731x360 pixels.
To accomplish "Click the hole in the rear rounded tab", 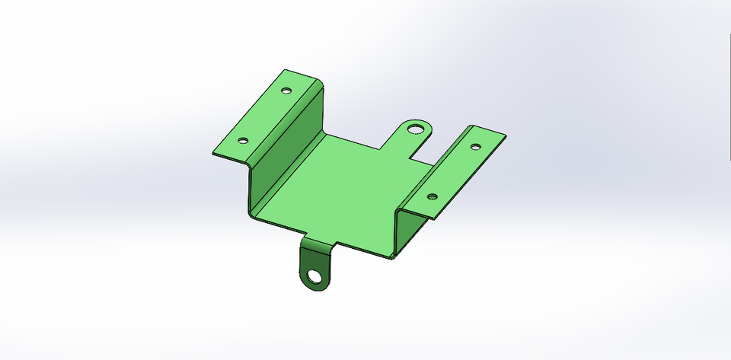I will [x=415, y=128].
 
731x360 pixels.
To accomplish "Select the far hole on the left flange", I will [x=286, y=91].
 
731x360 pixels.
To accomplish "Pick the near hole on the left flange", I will [x=243, y=141].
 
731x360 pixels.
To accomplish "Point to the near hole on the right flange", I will [x=432, y=196].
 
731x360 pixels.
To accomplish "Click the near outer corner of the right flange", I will [x=433, y=219].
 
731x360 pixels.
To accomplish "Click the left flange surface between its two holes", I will [x=265, y=116].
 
